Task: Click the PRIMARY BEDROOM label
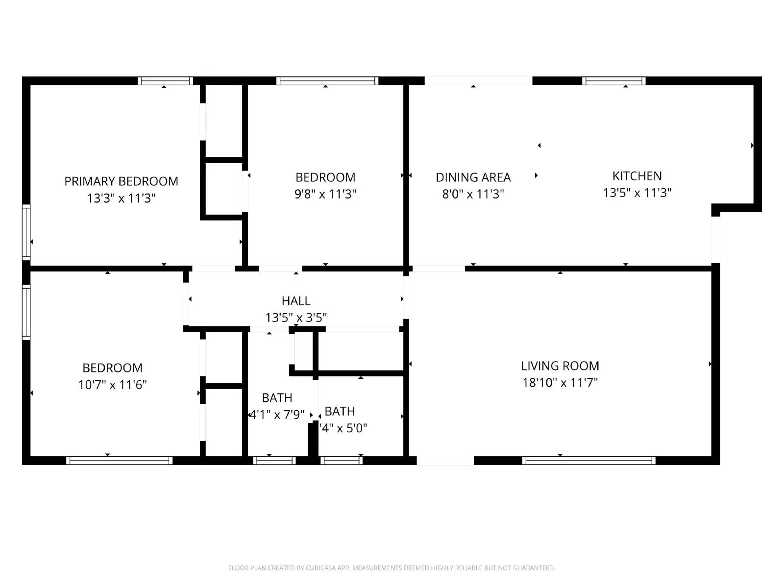tap(121, 181)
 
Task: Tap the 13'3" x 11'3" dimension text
tap(121, 198)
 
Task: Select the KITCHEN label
tap(637, 176)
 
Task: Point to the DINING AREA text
tap(473, 177)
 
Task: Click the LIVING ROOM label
tap(560, 366)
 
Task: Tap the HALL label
tap(295, 301)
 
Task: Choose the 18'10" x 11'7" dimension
tap(560, 383)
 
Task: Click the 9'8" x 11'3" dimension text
tap(325, 194)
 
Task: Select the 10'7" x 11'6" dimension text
tap(112, 385)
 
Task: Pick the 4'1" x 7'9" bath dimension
tap(277, 415)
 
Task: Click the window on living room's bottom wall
tap(588, 460)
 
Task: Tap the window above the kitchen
tap(613, 81)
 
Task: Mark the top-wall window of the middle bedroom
tap(327, 81)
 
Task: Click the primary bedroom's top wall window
tap(165, 81)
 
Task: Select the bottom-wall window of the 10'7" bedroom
tap(119, 460)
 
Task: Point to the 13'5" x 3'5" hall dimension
tap(295, 318)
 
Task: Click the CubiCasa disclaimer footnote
tap(391, 568)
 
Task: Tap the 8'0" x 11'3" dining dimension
tap(473, 194)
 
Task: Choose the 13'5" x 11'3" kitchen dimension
tap(637, 193)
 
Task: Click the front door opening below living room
tap(445, 461)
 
